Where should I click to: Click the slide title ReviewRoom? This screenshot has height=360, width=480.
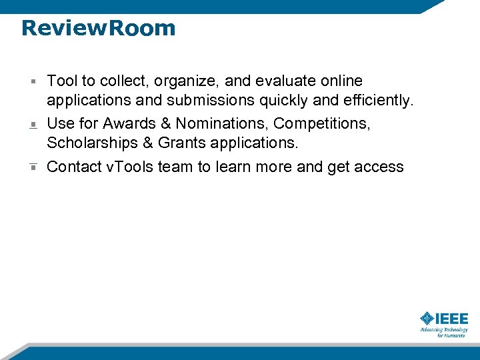tap(98, 28)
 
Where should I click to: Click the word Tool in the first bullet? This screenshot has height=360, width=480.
tap(62, 81)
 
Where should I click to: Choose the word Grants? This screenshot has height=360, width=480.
tap(183, 143)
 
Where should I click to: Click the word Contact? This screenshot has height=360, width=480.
tap(74, 167)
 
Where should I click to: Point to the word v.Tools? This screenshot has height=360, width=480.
tap(131, 167)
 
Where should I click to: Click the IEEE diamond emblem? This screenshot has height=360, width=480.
tap(427, 319)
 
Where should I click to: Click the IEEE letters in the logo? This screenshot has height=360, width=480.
tap(453, 319)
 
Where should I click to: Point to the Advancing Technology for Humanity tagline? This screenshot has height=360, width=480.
tap(444, 332)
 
